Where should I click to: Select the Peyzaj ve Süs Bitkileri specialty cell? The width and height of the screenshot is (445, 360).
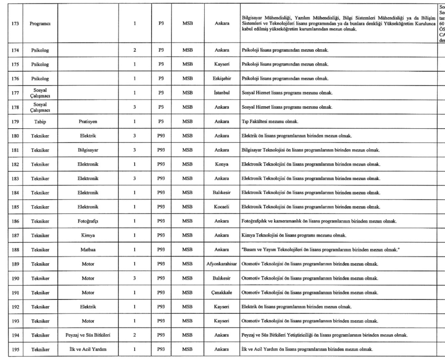tap(88, 336)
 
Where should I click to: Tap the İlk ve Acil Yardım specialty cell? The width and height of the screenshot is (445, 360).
tap(88, 350)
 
